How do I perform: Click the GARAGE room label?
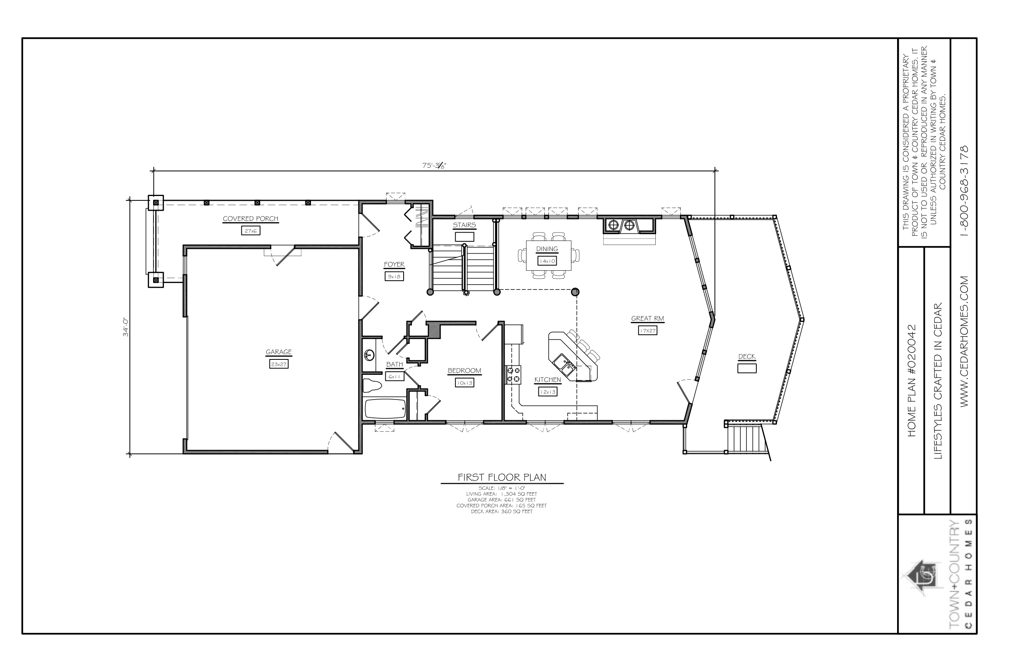pos(279,352)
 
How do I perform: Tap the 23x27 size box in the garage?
pos(279,364)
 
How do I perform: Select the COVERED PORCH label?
pos(251,219)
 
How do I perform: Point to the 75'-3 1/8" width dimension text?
pos(434,166)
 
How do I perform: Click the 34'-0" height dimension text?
pos(126,327)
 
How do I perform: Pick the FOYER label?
pos(394,264)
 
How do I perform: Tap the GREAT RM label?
pos(648,318)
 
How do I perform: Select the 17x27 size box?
pos(648,330)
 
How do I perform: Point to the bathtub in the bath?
pos(386,409)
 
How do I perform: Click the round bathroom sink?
pos(369,354)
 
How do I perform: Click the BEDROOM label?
pos(464,371)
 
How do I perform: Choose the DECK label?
pos(747,357)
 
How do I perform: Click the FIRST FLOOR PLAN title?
pos(502,477)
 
